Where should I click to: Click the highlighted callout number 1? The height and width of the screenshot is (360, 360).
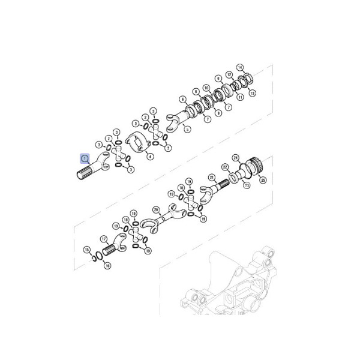tap(85, 159)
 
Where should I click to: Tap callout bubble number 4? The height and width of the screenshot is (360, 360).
tap(150, 157)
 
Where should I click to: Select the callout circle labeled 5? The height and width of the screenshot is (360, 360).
tap(187, 129)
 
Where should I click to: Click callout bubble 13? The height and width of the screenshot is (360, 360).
tap(252, 93)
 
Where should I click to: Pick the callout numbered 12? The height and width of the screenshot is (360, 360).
tap(229, 76)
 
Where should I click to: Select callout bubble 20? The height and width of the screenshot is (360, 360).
tap(156, 209)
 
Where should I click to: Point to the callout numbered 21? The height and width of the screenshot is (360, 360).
tap(212, 177)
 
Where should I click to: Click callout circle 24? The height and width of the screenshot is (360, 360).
tap(236, 157)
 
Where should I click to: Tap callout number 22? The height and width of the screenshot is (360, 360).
tap(225, 167)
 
